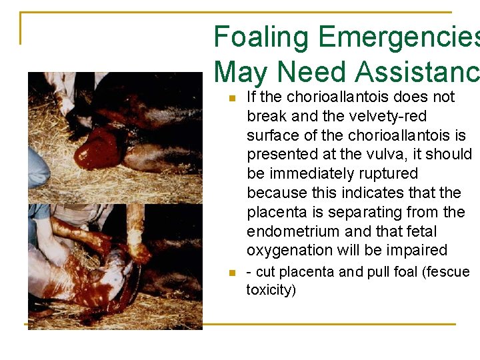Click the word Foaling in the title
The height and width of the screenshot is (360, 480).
[x=262, y=37]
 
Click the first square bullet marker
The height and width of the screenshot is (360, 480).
[x=231, y=98]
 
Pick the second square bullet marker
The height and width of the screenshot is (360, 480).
[x=231, y=273]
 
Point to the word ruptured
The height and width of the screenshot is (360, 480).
[x=389, y=174]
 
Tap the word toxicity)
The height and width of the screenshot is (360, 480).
[x=271, y=290]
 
